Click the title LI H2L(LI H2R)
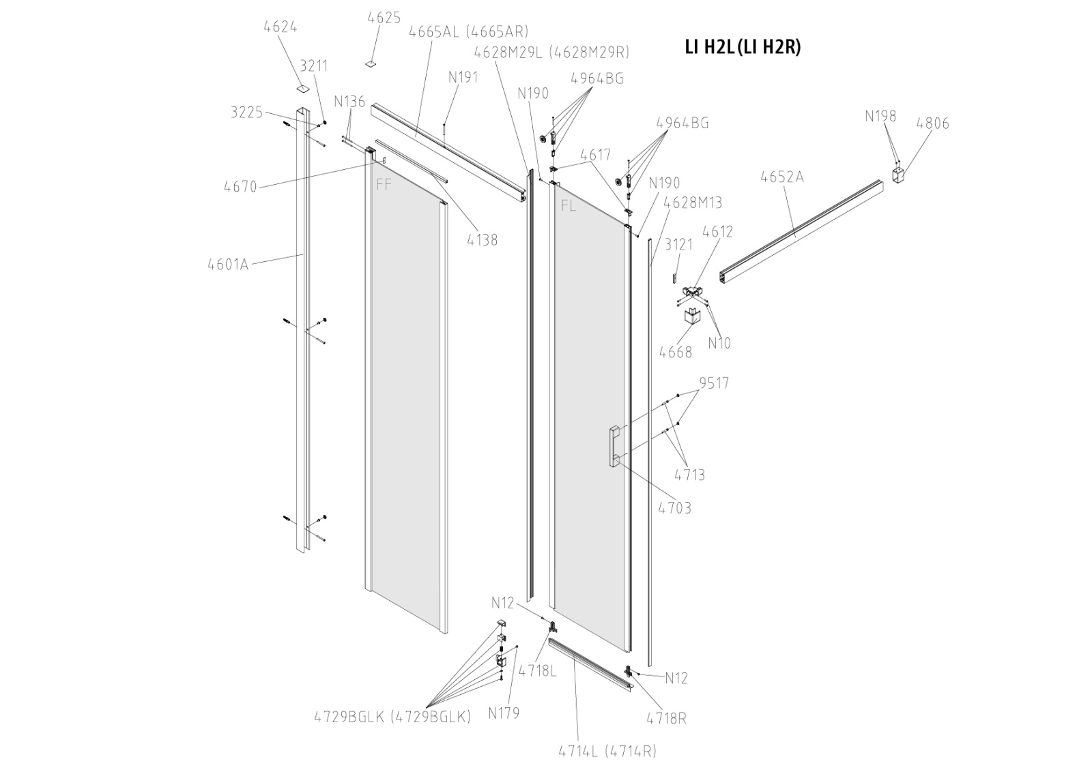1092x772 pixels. coord(742,47)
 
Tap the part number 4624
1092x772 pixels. coord(280,27)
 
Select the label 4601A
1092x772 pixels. coord(228,264)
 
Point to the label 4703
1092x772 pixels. coord(674,508)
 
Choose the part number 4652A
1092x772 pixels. coord(782,177)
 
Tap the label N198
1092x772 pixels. coord(880,116)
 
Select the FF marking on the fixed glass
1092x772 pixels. coord(384,184)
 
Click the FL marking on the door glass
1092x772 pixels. coord(568,206)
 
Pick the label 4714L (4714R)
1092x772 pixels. coord(607,751)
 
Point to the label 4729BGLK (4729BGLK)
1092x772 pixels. coord(392,717)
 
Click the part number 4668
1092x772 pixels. coord(675,352)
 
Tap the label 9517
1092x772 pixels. coord(714,383)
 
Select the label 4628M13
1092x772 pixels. coord(692,203)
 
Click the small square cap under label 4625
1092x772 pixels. coord(371,63)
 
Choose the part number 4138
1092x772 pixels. coord(482,240)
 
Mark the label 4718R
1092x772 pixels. coord(667,717)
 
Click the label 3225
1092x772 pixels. coord(246,113)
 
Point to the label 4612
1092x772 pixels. coord(717,231)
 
